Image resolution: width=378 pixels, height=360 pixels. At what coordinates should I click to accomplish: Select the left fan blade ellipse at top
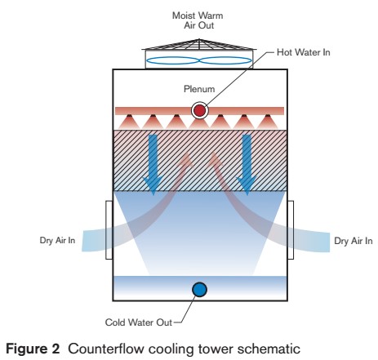[171, 60]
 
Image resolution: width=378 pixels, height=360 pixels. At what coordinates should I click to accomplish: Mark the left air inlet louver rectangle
[109, 228]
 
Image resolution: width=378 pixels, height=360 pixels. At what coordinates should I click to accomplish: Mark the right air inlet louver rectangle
[289, 228]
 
